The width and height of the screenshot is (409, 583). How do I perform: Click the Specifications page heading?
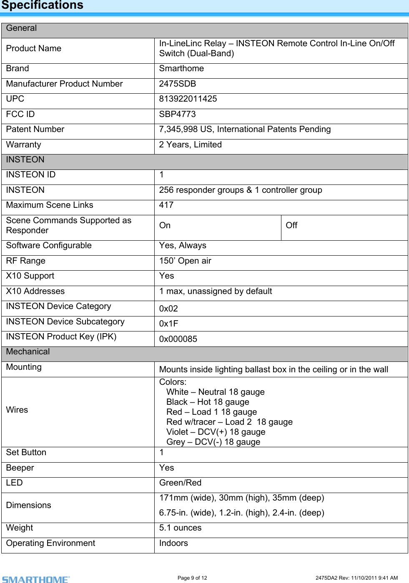point(42,5)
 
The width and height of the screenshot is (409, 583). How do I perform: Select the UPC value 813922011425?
point(188,99)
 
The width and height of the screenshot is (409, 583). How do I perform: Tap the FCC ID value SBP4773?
point(177,115)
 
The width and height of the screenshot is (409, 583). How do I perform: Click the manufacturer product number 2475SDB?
point(178,84)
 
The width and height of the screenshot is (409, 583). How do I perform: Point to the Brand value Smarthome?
point(181,69)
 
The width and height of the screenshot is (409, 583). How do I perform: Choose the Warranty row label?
point(24,145)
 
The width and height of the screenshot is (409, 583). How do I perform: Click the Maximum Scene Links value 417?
point(166,205)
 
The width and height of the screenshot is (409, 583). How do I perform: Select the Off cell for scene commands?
point(291,226)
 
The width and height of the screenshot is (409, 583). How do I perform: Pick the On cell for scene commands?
point(165,226)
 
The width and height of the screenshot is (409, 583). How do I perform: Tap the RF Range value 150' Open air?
point(185,261)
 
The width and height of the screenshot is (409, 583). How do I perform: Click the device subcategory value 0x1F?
point(168,324)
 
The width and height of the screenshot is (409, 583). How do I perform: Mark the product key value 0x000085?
point(178,339)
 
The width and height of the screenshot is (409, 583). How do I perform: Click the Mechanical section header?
point(28,352)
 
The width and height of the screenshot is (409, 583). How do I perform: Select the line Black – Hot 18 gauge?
point(208,402)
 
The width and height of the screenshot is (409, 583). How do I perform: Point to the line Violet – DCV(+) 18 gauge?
point(216,432)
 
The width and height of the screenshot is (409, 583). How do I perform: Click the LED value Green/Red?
point(180,483)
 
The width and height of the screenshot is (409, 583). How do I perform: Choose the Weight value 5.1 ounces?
point(180,528)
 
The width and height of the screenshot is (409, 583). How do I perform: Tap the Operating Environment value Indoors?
point(173,543)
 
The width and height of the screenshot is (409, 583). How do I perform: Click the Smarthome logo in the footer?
point(36,579)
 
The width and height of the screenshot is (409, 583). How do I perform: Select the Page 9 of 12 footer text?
point(192,578)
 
